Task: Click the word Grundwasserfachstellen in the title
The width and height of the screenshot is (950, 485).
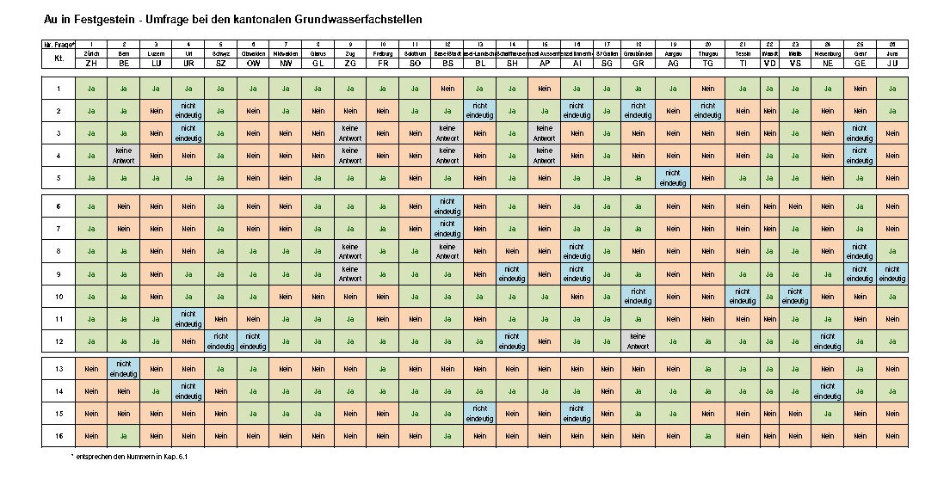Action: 349,18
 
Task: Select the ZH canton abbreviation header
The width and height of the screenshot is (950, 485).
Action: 91,63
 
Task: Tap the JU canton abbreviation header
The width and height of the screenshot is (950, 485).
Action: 892,63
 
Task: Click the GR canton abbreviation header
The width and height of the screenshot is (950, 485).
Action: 638,63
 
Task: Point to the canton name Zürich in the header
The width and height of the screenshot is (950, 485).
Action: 91,53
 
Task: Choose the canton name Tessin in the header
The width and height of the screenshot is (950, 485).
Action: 743,53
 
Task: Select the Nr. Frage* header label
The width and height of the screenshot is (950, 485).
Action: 59,44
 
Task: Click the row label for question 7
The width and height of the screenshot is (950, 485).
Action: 59,229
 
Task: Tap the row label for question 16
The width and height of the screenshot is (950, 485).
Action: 59,436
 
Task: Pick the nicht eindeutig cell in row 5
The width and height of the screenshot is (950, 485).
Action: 673,177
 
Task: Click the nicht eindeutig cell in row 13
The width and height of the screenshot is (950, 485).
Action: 124,368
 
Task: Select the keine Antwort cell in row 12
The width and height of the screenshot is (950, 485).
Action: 638,341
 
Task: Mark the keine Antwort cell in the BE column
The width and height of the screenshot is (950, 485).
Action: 124,155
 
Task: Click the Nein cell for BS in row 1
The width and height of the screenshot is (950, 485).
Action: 447,89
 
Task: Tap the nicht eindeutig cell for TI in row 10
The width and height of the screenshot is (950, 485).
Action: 743,297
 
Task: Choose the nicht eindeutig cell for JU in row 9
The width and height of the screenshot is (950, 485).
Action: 892,273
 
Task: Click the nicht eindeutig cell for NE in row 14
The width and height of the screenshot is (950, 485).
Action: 827,391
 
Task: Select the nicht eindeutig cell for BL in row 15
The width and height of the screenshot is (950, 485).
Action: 479,414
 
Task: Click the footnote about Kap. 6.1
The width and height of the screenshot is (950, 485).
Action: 129,457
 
